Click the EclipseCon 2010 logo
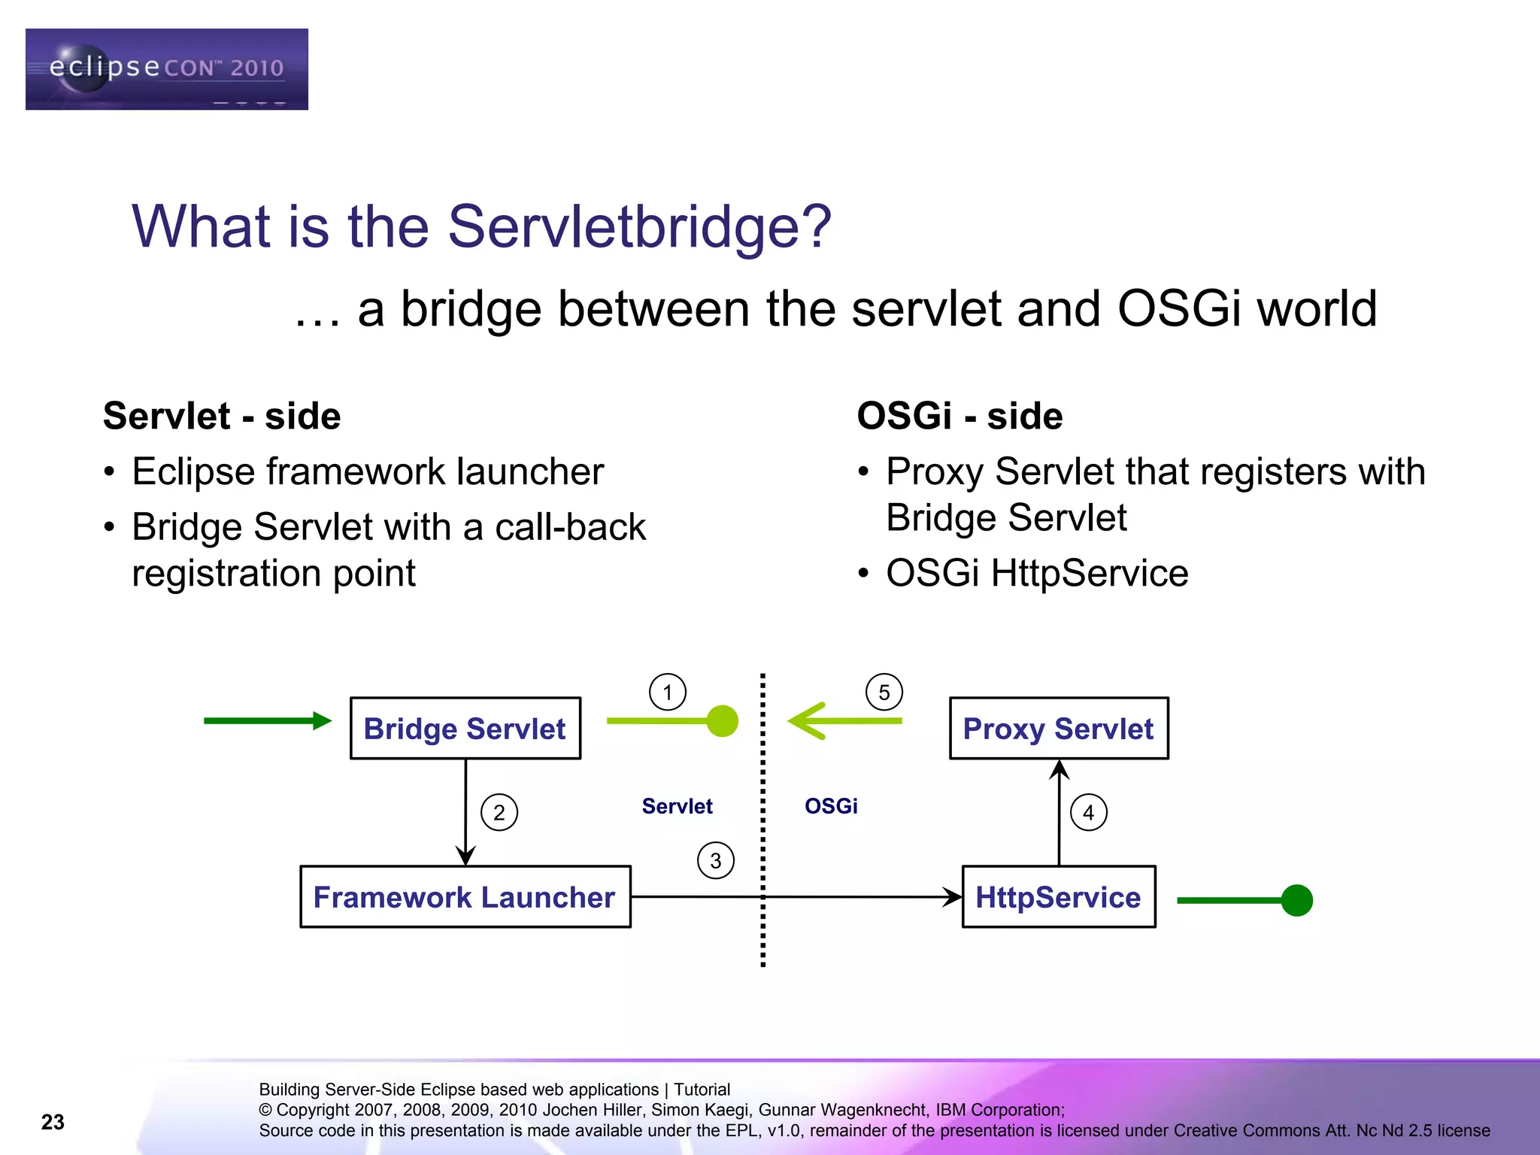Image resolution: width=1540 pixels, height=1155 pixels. (x=166, y=69)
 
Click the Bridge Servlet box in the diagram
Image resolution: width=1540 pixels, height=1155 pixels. (x=465, y=728)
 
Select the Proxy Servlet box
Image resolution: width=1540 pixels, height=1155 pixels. (x=1058, y=728)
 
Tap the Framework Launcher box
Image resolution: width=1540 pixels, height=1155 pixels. (x=465, y=896)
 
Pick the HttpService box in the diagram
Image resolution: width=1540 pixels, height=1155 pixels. (x=1058, y=896)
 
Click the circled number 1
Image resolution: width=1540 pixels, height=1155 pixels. (x=667, y=692)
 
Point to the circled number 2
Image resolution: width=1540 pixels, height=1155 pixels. (x=499, y=812)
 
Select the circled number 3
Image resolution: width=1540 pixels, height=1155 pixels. (x=715, y=860)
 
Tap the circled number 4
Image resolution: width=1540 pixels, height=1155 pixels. (x=1088, y=812)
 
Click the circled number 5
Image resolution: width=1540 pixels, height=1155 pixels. (x=884, y=692)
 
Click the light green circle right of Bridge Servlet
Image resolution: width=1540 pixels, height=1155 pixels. (x=722, y=721)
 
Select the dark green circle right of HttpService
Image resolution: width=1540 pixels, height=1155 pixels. (x=1296, y=900)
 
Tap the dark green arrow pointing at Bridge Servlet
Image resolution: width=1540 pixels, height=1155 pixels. (x=267, y=720)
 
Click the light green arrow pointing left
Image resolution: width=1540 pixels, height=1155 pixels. (x=842, y=720)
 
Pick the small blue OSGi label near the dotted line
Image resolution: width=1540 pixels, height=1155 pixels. (x=830, y=806)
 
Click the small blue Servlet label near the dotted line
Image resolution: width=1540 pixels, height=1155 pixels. (x=677, y=806)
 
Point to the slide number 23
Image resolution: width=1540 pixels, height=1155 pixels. (x=53, y=1122)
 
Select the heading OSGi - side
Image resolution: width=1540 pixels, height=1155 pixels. (x=959, y=416)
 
